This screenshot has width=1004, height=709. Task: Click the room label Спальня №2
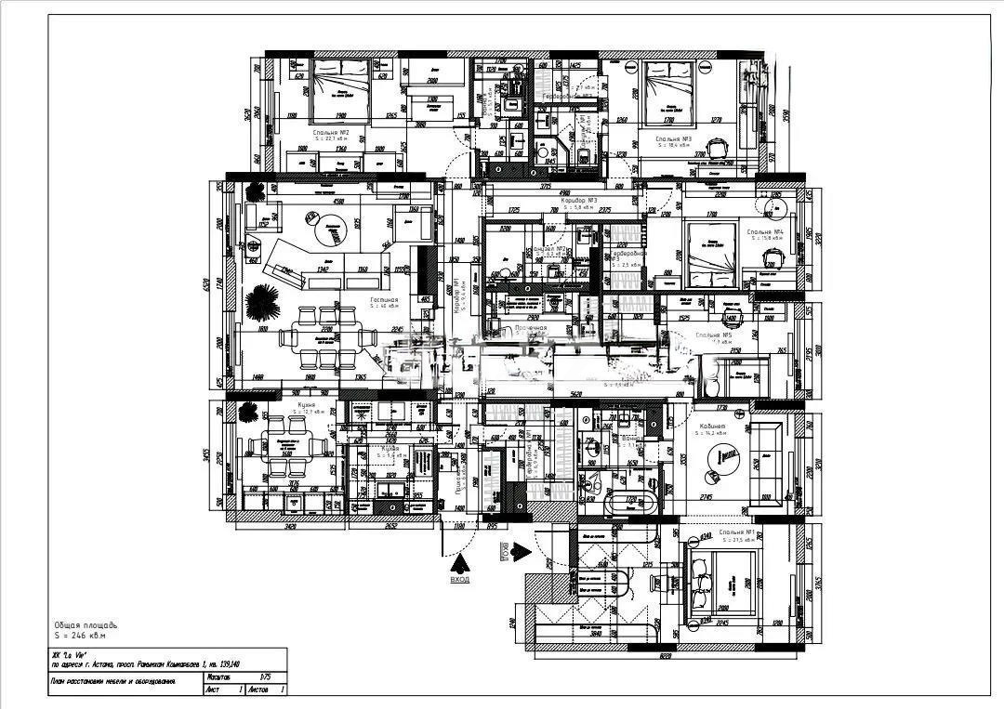tap(330, 133)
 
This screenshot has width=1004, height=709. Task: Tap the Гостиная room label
tap(384, 301)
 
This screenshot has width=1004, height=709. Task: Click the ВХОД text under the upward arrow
tap(459, 579)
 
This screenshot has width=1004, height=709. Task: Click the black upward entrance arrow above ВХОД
tap(459, 563)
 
